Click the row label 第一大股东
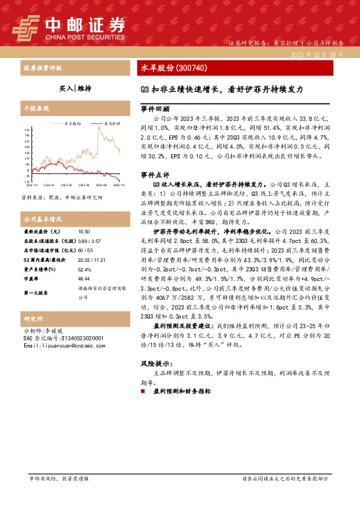(x=36, y=293)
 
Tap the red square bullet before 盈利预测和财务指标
(x=143, y=392)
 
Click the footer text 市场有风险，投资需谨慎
(x=59, y=478)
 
